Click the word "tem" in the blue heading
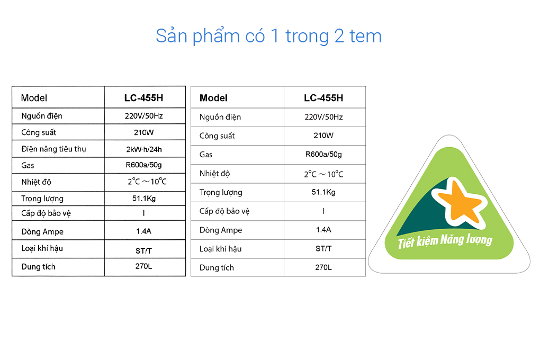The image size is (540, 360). (x=365, y=36)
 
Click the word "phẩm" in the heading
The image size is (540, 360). (x=216, y=36)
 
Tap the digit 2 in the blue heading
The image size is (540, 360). (x=339, y=36)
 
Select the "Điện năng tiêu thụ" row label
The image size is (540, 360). (x=53, y=149)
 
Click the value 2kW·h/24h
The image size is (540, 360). (x=144, y=149)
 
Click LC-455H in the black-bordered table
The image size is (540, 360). (x=143, y=98)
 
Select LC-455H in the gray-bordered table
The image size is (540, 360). (x=323, y=98)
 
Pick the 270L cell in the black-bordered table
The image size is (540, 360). (x=143, y=266)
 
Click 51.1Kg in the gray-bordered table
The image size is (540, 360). (x=323, y=192)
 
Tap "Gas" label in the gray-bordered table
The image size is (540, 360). (x=206, y=155)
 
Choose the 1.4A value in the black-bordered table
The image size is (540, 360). (x=143, y=231)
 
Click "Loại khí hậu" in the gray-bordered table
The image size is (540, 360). (x=220, y=249)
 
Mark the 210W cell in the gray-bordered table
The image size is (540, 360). (x=323, y=136)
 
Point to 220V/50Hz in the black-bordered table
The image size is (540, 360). (x=143, y=116)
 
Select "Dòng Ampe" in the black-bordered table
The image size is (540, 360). (x=42, y=231)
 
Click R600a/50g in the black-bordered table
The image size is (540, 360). (x=143, y=165)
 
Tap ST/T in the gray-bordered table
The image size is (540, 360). (x=323, y=248)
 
